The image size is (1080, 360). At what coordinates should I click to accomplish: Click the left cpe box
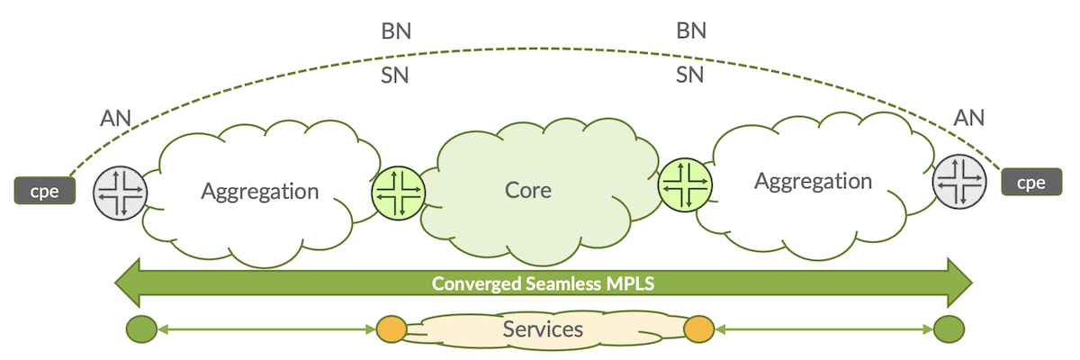tap(42, 192)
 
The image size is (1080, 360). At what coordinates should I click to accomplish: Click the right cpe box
tap(1030, 182)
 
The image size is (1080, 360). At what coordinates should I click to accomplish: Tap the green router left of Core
tap(397, 193)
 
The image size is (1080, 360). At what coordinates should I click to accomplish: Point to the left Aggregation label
tap(259, 192)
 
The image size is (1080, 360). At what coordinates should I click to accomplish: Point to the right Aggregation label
tap(813, 181)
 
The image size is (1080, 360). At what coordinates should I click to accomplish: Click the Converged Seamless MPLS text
tap(543, 283)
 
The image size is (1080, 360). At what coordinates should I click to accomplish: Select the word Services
tap(543, 328)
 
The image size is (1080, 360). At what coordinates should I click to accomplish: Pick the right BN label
tap(690, 31)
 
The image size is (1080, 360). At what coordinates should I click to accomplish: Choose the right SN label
tap(690, 76)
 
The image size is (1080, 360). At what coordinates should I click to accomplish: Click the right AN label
tap(968, 117)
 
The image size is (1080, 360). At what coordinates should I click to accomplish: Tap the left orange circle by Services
tap(391, 329)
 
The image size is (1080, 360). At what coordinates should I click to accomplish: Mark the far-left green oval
tap(140, 329)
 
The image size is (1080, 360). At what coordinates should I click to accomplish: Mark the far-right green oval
tap(947, 329)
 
